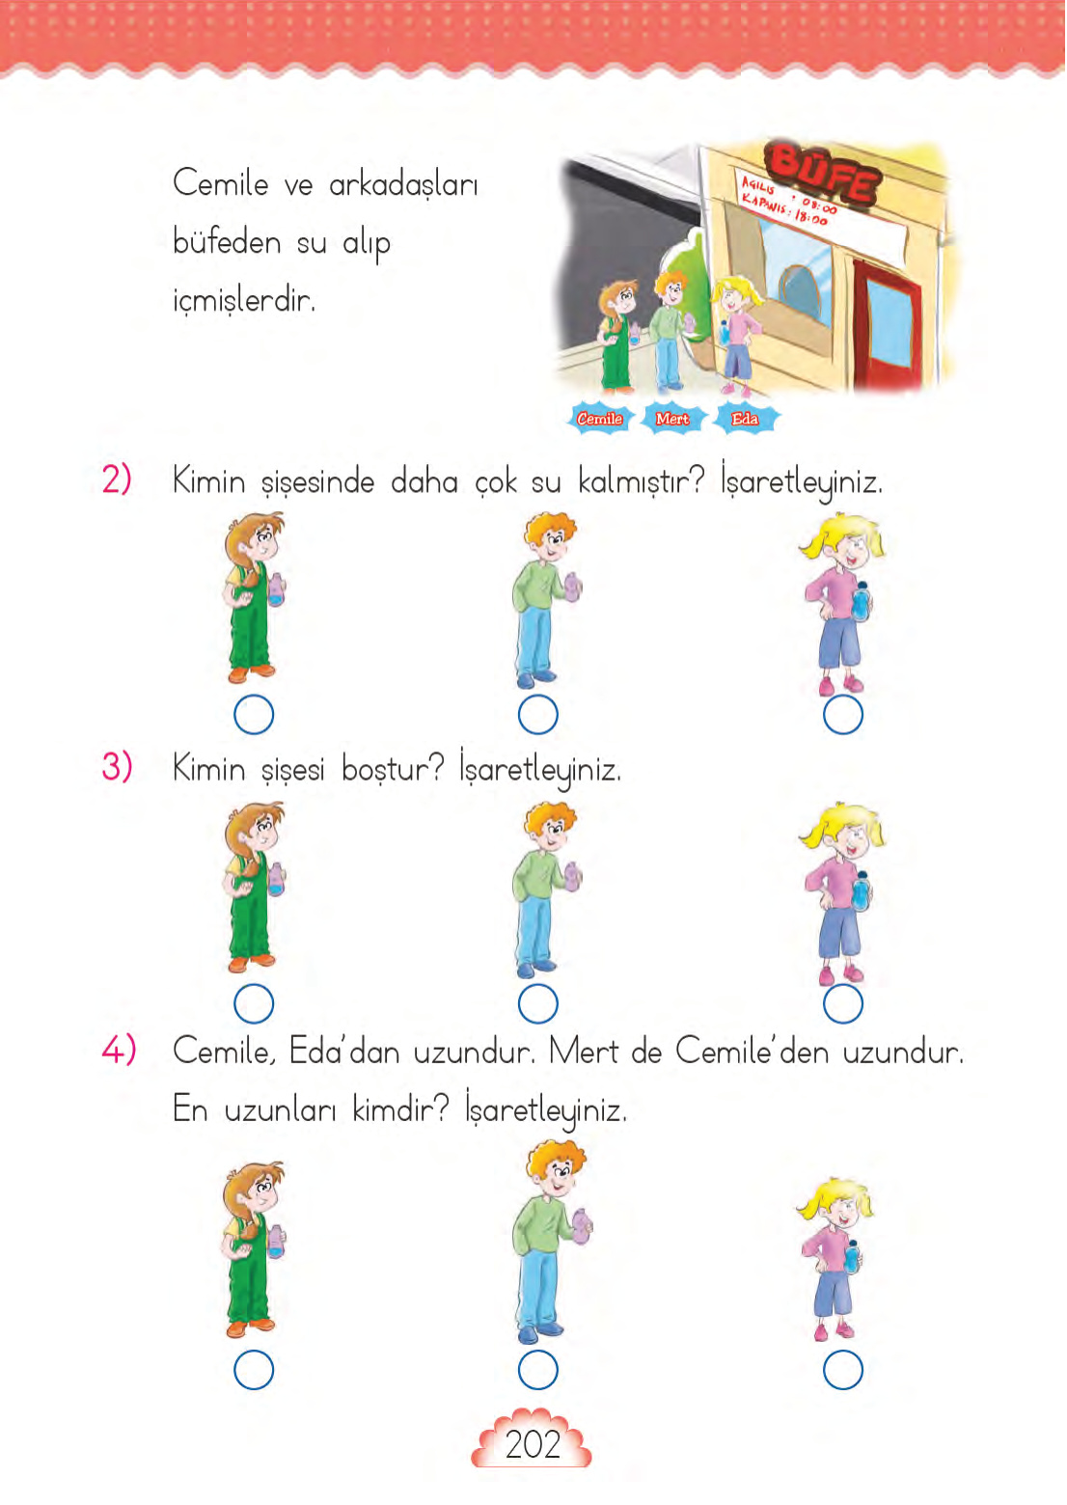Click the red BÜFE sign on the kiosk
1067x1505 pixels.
coord(822,174)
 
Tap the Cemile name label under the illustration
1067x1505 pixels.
coord(599,419)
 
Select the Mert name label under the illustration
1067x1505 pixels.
coord(672,419)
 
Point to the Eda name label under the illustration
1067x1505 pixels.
coord(745,419)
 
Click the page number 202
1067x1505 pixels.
coord(533,1444)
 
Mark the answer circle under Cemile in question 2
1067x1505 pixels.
coord(254,715)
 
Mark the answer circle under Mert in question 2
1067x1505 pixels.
coord(537,715)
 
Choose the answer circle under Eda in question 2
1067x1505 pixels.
coord(842,715)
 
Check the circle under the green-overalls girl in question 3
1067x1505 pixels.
coord(254,1003)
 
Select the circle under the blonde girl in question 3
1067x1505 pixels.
coord(842,1003)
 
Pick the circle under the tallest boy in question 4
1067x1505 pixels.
coord(537,1369)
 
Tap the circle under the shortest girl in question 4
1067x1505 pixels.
coord(842,1369)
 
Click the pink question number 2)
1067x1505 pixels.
coord(117,479)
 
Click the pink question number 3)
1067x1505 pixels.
coord(117,768)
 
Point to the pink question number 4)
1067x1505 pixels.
coord(119,1050)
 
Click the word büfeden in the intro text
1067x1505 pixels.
coord(227,241)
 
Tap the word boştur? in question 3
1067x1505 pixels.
coord(393,770)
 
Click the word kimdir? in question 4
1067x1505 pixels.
coord(400,1109)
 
